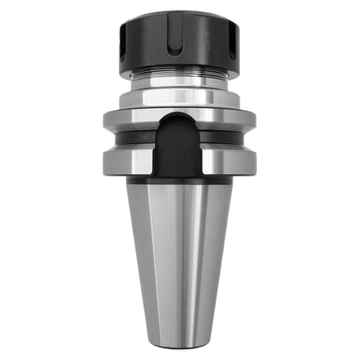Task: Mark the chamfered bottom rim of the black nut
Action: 180,74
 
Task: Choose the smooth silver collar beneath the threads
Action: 180,94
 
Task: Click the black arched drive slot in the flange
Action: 179,146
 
